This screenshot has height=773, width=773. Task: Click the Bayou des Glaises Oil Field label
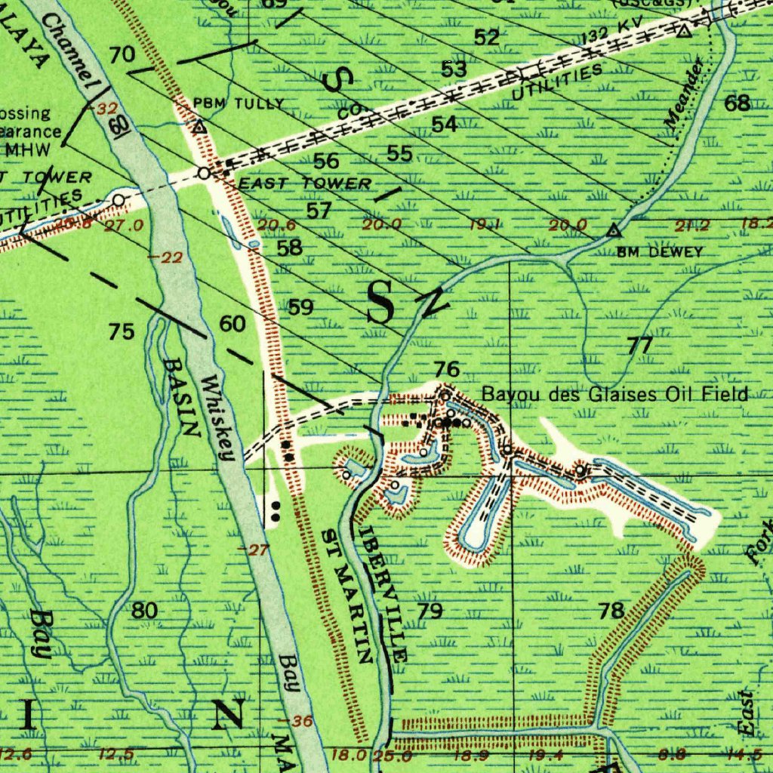[615, 394]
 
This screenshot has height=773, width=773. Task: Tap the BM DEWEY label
[660, 252]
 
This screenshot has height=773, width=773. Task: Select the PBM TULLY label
[239, 103]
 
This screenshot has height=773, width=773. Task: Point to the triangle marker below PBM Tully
[199, 127]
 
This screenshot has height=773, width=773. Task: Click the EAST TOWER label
[304, 183]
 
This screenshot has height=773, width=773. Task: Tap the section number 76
[447, 369]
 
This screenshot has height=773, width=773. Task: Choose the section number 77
[639, 346]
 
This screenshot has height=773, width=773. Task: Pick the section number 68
[738, 103]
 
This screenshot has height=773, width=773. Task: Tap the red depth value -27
[257, 550]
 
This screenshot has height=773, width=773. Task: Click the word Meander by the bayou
[685, 91]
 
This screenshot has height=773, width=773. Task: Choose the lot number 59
[301, 307]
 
